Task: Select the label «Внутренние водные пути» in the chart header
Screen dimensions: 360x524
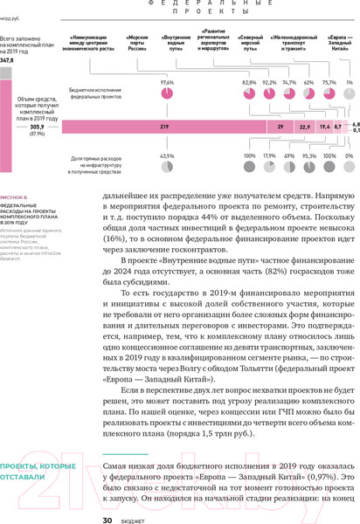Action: click(177, 43)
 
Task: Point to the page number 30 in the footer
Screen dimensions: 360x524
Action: click(107, 520)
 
